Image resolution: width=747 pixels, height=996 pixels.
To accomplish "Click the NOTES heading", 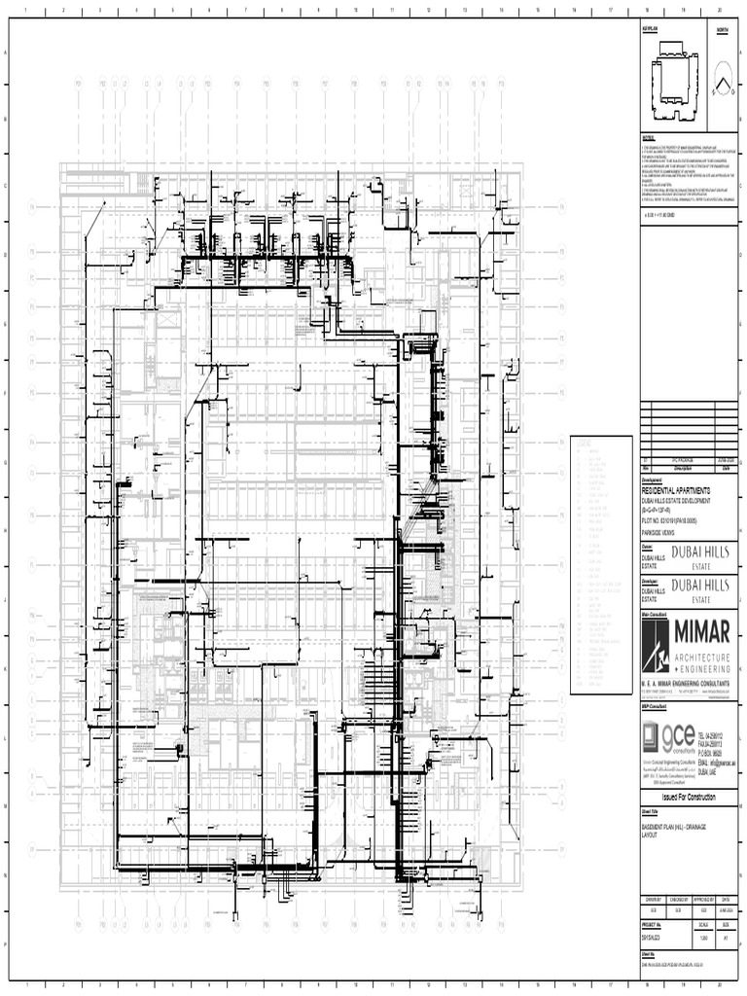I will tap(649, 137).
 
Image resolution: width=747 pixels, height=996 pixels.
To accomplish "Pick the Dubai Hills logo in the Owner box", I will tap(699, 554).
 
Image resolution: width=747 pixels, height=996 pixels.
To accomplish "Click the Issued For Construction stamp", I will tap(689, 798).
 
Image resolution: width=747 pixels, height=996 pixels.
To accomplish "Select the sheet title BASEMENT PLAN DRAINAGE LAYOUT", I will tap(671, 830).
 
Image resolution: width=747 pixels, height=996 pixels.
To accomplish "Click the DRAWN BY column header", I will tap(652, 900).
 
